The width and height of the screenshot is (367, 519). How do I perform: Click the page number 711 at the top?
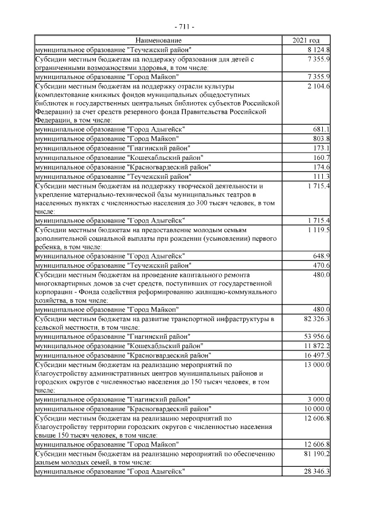click(183, 27)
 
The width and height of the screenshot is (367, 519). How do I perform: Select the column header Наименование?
click(159, 40)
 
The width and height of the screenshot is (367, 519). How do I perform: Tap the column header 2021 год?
click(306, 40)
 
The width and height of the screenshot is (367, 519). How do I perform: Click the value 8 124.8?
click(318, 49)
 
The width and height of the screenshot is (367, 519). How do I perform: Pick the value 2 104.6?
click(318, 85)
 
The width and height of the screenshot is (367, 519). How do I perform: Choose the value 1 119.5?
click(318, 229)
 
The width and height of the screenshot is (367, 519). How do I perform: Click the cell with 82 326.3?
click(316, 318)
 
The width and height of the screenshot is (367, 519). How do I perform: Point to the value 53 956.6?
click(316, 336)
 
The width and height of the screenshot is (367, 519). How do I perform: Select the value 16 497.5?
click(316, 354)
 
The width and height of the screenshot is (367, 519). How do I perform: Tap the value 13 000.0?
click(316, 364)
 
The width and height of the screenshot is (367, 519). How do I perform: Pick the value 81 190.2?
click(316, 454)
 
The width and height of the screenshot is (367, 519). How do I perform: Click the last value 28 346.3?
click(316, 471)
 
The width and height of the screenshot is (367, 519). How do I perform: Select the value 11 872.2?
click(316, 345)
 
